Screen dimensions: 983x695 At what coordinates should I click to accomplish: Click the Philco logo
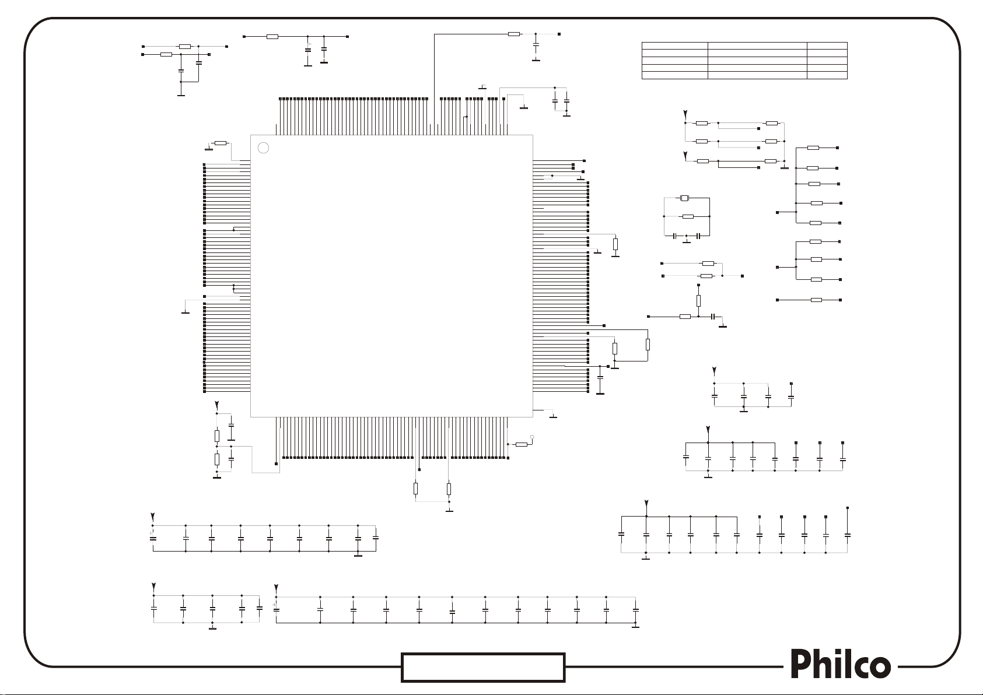(841, 665)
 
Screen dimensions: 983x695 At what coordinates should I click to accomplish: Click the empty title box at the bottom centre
(483, 668)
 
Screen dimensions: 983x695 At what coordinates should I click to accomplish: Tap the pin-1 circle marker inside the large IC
(263, 148)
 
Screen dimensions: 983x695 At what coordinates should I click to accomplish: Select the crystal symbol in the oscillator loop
(685, 199)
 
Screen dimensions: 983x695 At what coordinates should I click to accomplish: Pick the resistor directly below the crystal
(688, 217)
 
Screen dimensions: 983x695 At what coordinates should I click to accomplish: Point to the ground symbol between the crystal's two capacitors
(687, 241)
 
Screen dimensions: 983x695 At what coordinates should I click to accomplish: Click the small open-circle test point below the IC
(531, 437)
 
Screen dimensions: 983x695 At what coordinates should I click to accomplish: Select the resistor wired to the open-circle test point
(521, 445)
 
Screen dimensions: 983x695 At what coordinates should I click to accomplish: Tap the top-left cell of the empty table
(674, 45)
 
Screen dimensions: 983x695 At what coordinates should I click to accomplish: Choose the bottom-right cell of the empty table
(827, 75)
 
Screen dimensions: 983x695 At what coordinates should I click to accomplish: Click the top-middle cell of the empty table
(757, 45)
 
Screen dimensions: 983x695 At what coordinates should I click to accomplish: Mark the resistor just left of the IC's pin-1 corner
(221, 143)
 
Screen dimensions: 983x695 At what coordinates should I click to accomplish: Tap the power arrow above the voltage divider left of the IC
(217, 404)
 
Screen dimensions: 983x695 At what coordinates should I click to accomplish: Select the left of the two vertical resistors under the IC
(415, 489)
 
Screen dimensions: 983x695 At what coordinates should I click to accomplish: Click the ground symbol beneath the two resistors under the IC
(449, 510)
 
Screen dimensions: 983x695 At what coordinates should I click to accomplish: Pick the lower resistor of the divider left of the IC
(217, 459)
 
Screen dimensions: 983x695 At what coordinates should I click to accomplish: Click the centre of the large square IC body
(391, 276)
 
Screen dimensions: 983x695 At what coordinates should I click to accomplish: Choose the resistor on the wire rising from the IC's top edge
(513, 34)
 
